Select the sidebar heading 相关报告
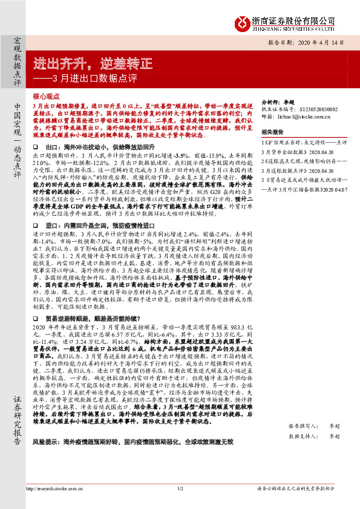(272, 131)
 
